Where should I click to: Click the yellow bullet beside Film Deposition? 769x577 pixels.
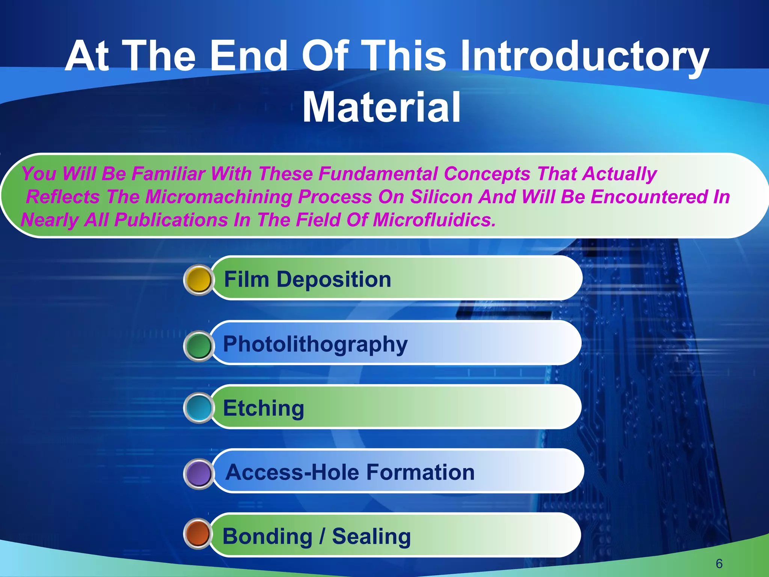(x=199, y=280)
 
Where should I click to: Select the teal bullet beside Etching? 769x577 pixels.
(x=199, y=408)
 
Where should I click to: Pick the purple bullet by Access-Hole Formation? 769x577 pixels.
(x=199, y=474)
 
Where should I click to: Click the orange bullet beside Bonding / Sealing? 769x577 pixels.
(x=198, y=533)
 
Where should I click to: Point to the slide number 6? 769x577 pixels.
(x=719, y=563)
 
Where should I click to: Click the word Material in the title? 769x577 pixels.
(x=381, y=107)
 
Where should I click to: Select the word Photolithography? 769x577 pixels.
(x=315, y=344)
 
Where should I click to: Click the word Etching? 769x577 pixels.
(x=263, y=408)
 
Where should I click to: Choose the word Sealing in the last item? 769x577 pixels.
(x=371, y=536)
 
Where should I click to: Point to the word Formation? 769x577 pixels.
(x=420, y=472)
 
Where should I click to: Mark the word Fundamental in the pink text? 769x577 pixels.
(x=378, y=174)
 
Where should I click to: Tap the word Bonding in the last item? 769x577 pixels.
(x=267, y=536)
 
